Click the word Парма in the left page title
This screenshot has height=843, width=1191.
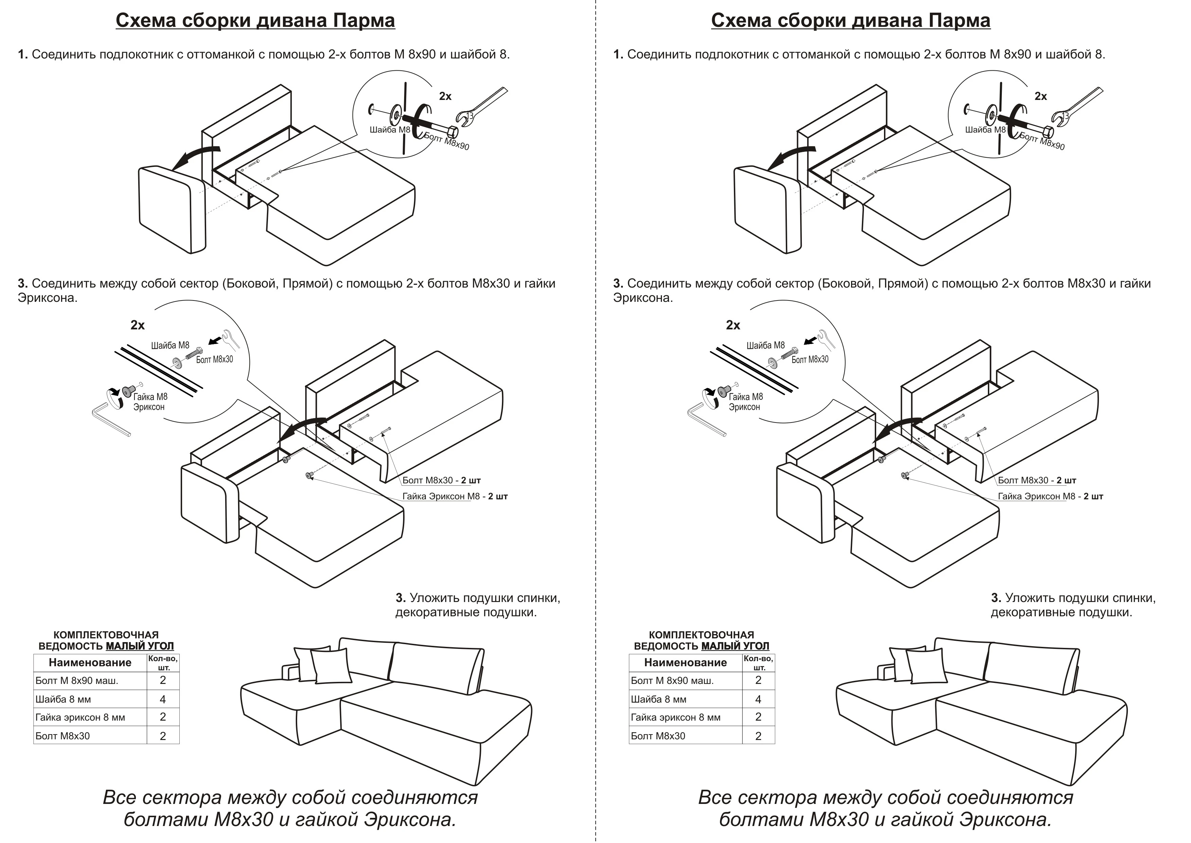[x=364, y=20]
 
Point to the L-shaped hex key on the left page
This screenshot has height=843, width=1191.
[x=110, y=420]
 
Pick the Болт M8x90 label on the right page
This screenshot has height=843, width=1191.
[x=1042, y=141]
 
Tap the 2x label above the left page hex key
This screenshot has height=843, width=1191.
[x=138, y=325]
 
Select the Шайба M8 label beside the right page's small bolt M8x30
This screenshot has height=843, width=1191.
[x=765, y=345]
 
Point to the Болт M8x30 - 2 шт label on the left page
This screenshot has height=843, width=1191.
[x=441, y=480]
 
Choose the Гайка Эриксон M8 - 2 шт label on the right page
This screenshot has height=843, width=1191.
[x=1050, y=496]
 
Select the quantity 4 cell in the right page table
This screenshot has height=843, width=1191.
[x=758, y=699]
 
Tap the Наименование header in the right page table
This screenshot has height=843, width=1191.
[x=685, y=663]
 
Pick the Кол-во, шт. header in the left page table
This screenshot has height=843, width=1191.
[x=163, y=663]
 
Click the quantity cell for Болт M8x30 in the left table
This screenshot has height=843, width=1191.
[x=163, y=736]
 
